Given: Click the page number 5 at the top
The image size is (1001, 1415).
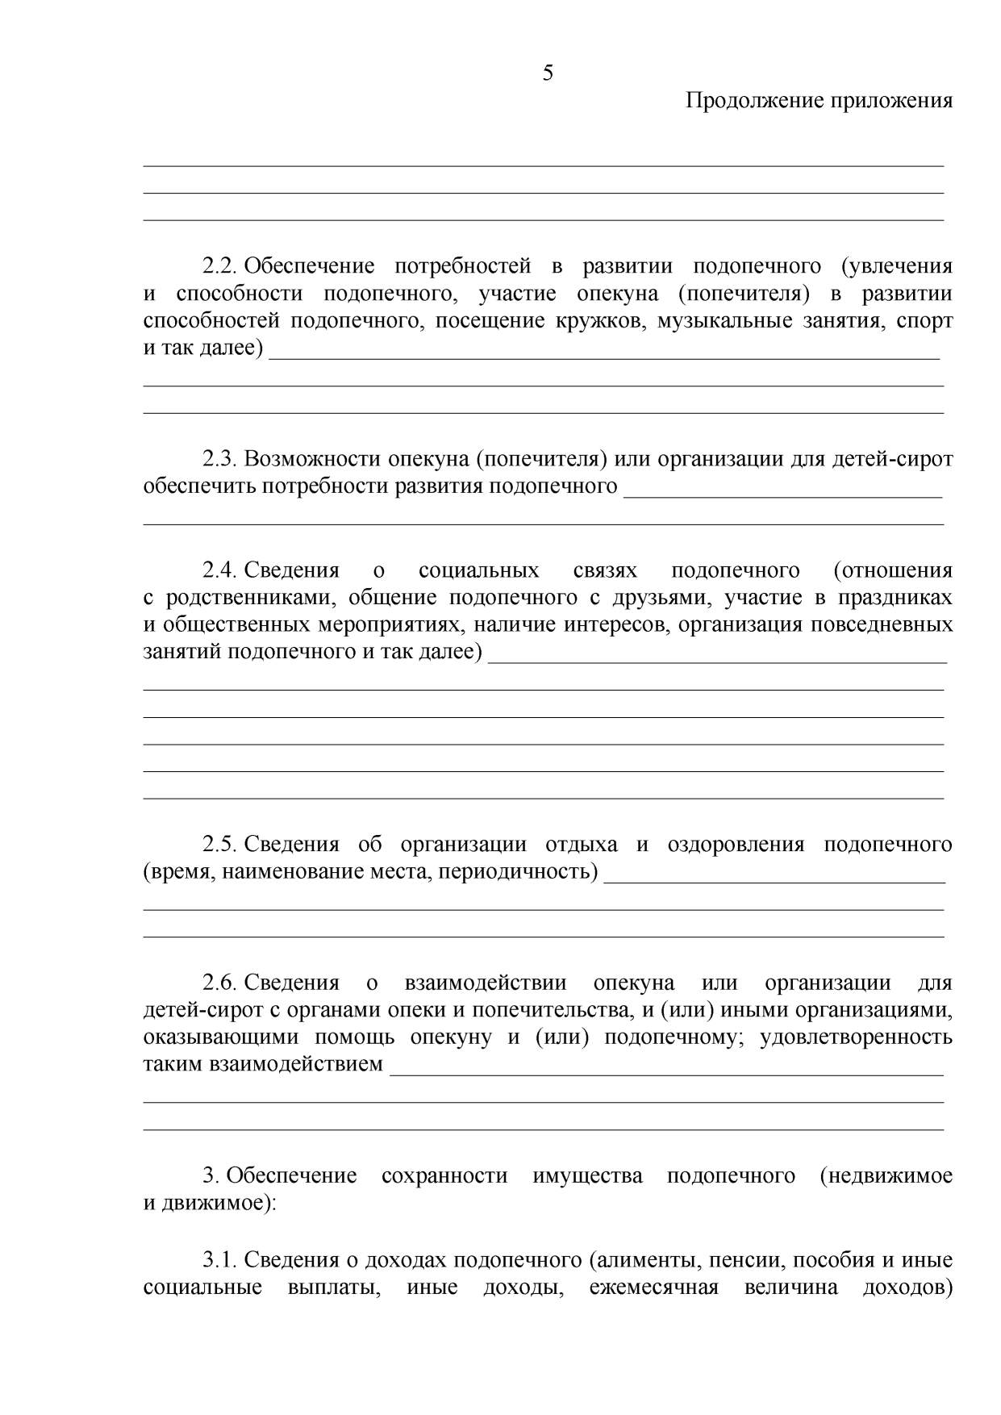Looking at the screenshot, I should pos(548,73).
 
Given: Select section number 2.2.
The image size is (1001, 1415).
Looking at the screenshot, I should pos(218,266).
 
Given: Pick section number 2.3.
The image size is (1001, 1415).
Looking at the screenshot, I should pos(218,459).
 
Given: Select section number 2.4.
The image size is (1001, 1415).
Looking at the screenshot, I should pos(218,570).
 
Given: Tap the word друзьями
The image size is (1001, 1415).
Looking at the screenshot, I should pos(656,598).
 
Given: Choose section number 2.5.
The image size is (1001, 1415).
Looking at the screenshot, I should pos(218,845).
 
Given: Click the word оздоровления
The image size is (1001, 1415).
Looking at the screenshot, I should pos(736,845).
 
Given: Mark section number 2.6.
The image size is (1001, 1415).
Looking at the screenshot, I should pos(218,983).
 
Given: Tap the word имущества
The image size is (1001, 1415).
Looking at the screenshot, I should pos(587,1175).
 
